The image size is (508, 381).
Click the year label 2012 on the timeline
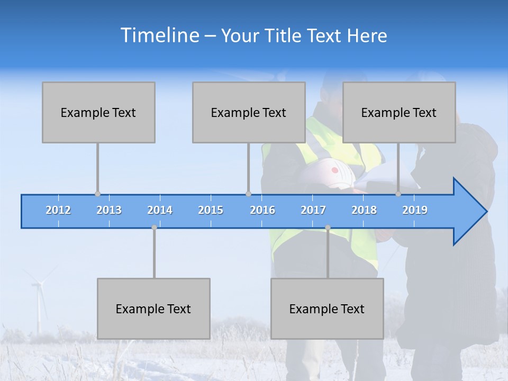coord(58,210)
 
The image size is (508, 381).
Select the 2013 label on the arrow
coord(109,210)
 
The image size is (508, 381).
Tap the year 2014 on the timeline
coord(160,210)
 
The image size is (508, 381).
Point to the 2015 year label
coord(211,210)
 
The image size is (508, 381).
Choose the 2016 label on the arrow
coord(262,210)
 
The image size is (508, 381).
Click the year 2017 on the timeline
coord(313,210)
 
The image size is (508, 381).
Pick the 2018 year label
coord(364,210)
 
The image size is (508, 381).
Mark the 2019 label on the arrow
coord(415,210)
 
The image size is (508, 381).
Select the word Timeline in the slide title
coord(159,35)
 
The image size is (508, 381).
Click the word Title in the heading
coord(283,36)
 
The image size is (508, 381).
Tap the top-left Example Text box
coord(98,112)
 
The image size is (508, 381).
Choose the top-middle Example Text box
coord(249,112)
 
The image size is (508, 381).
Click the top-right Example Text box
coord(399,112)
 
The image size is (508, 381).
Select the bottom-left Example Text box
coord(153,309)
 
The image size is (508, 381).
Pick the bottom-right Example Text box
coord(327,309)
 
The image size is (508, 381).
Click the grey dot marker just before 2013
coord(97,194)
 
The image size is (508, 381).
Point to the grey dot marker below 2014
coord(154,228)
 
